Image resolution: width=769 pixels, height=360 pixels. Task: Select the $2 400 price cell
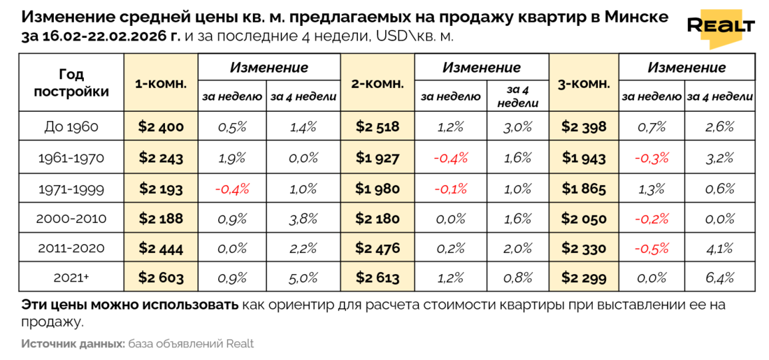pyautogui.click(x=161, y=127)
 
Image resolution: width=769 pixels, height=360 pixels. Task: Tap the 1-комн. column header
pyautogui.click(x=161, y=83)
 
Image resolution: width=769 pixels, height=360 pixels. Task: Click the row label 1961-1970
pyautogui.click(x=71, y=158)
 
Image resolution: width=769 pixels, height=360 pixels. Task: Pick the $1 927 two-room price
pyautogui.click(x=378, y=158)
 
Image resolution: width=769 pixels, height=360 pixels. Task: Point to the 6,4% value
pyautogui.click(x=720, y=278)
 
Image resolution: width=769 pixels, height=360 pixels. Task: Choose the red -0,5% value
pyautogui.click(x=652, y=248)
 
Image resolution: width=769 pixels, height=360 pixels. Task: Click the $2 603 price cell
pyautogui.click(x=161, y=278)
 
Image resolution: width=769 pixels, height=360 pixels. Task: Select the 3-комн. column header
pyautogui.click(x=584, y=83)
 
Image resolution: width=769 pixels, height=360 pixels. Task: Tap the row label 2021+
pyautogui.click(x=71, y=278)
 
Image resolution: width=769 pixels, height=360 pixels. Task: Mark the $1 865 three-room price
pyautogui.click(x=584, y=188)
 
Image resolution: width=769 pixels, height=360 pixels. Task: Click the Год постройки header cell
pyautogui.click(x=71, y=83)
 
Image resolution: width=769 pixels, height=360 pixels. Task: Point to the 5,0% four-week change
pyautogui.click(x=303, y=278)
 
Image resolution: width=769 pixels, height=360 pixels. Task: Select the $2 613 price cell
pyautogui.click(x=378, y=278)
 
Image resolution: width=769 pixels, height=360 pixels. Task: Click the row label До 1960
pyautogui.click(x=71, y=127)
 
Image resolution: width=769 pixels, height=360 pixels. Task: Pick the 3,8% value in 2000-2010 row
pyautogui.click(x=303, y=218)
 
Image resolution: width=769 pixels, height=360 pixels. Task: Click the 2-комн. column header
pyautogui.click(x=378, y=83)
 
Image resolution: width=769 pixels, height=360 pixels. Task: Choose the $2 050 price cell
pyautogui.click(x=584, y=218)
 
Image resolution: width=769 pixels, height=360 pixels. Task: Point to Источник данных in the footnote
pyautogui.click(x=73, y=344)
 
